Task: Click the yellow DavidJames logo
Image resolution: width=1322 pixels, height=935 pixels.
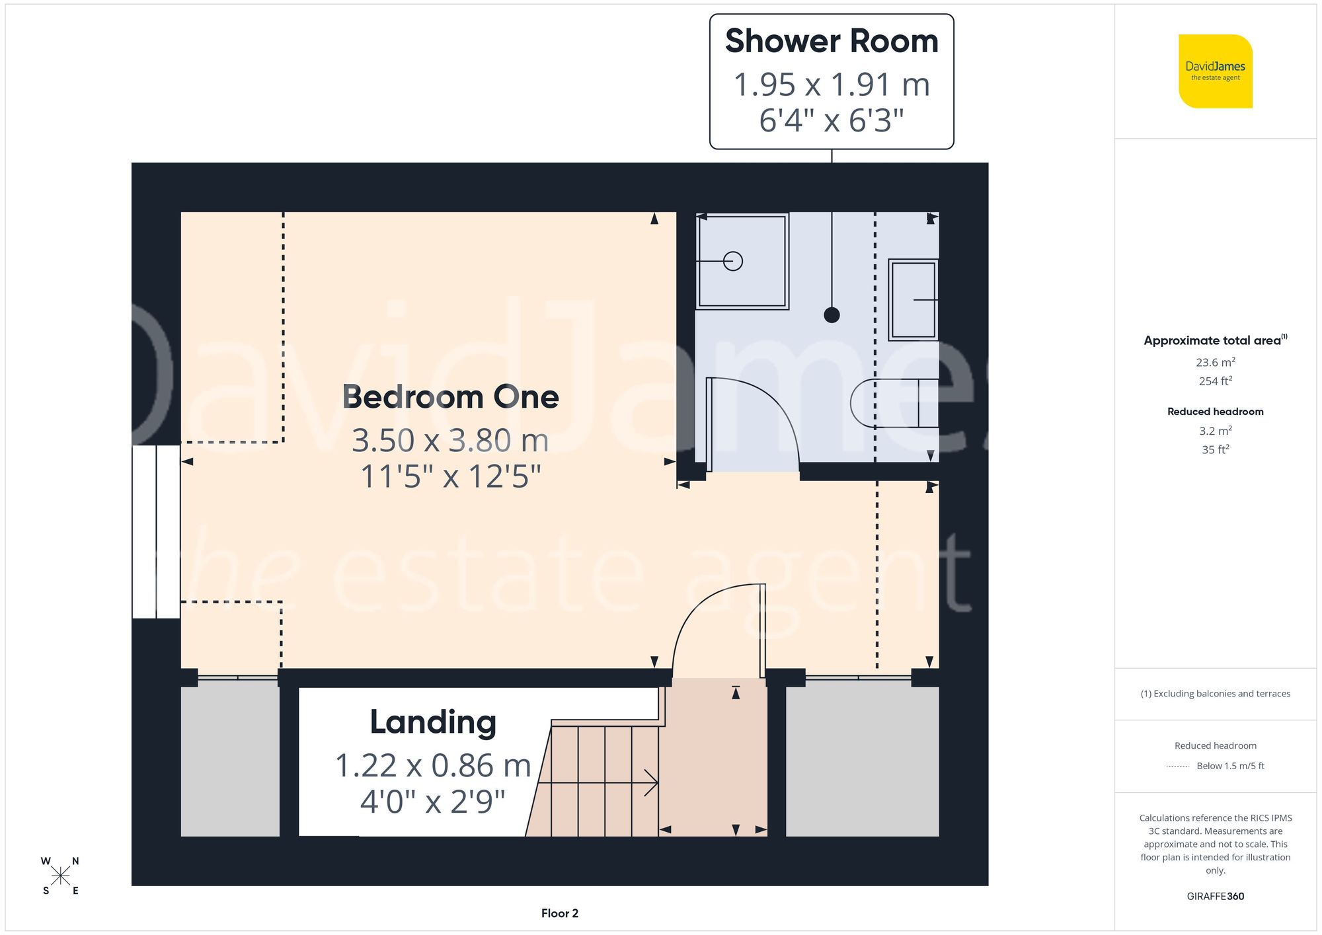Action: click(x=1215, y=71)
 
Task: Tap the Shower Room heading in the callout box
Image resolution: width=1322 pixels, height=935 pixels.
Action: click(x=832, y=41)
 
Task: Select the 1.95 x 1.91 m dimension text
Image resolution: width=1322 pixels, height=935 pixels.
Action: click(x=832, y=85)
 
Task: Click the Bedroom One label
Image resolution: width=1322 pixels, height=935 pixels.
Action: click(x=450, y=396)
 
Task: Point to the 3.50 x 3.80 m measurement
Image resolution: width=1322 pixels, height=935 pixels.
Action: click(x=450, y=440)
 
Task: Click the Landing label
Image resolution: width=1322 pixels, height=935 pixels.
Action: click(x=433, y=722)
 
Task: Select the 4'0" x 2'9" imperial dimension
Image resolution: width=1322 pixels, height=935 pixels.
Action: click(x=433, y=802)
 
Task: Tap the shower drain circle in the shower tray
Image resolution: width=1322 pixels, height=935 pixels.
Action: click(x=733, y=261)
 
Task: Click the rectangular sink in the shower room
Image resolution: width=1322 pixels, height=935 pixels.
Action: click(x=914, y=299)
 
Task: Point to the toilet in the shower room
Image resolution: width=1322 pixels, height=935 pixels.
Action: click(x=892, y=403)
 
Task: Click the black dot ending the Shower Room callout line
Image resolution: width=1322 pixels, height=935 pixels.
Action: click(x=832, y=315)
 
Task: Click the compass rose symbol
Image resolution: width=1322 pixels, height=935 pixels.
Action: click(x=60, y=876)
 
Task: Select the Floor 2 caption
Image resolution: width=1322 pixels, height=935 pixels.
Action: click(x=559, y=913)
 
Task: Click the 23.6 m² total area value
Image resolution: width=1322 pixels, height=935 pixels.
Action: click(x=1215, y=362)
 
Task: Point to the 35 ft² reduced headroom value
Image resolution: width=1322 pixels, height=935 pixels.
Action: click(x=1215, y=449)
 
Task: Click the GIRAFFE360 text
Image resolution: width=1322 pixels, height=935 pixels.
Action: click(x=1215, y=896)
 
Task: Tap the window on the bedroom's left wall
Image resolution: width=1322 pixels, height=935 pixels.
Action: click(x=156, y=531)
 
